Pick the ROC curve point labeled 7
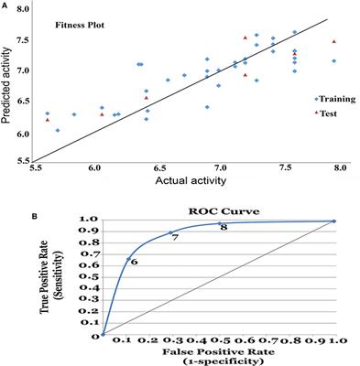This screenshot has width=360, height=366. [170, 232]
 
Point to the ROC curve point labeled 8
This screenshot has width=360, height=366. [218, 223]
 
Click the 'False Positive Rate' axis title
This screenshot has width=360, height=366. [213, 351]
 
